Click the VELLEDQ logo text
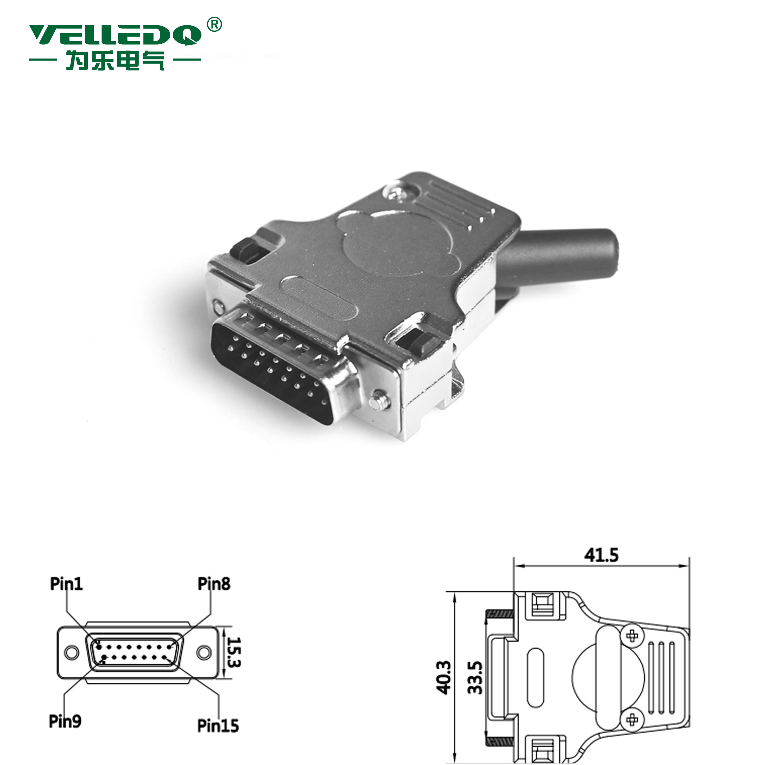click(115, 35)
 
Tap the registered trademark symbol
click(214, 25)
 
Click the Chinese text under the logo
click(115, 61)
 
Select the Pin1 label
click(66, 584)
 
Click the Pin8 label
click(214, 584)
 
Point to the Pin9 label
click(65, 721)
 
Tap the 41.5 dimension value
click(601, 555)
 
